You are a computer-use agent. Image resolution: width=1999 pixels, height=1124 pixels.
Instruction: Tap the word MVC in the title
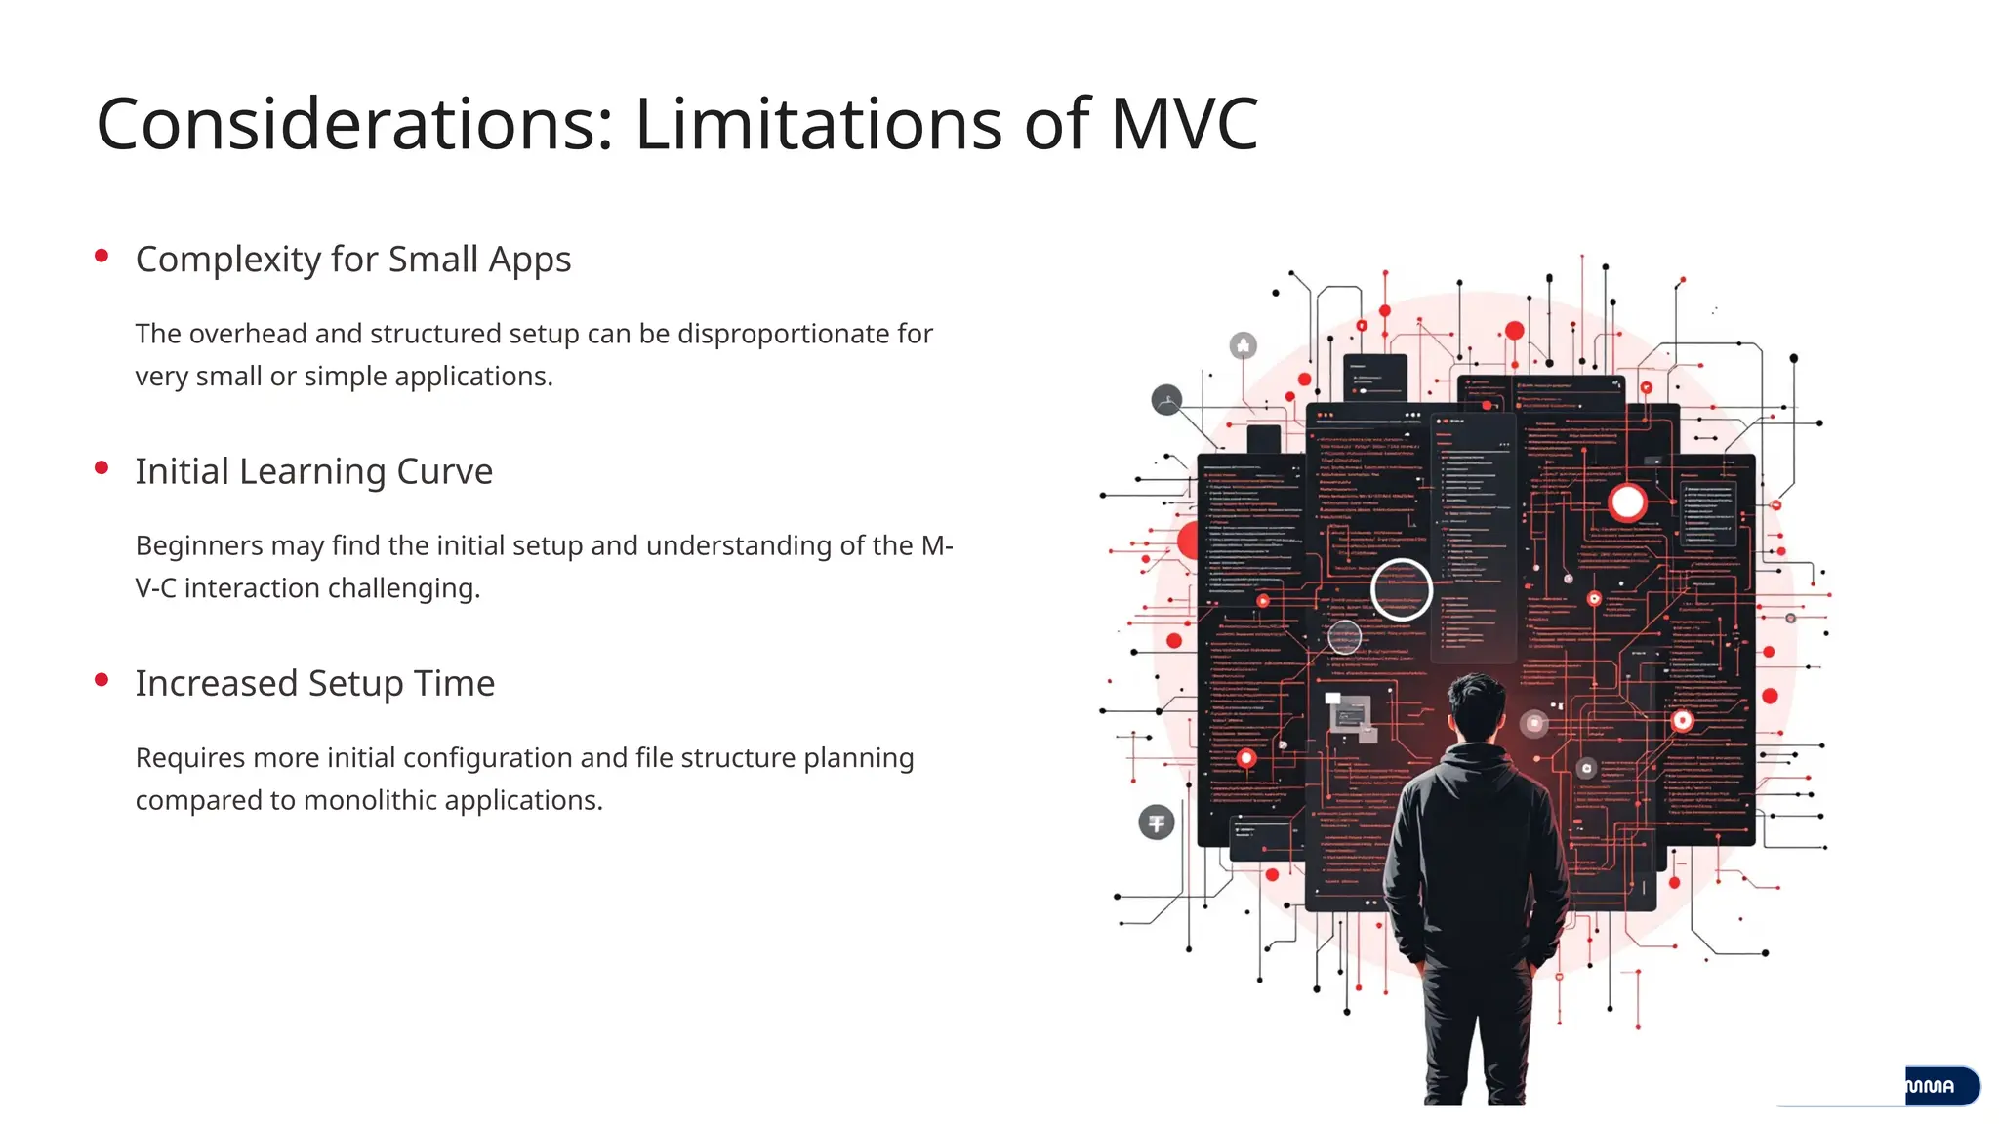click(1184, 125)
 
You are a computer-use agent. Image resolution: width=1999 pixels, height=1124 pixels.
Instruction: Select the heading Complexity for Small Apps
click(353, 260)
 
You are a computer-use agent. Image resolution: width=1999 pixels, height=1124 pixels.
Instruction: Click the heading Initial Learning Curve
click(314, 471)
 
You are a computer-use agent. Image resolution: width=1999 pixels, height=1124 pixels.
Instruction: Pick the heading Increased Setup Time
click(315, 683)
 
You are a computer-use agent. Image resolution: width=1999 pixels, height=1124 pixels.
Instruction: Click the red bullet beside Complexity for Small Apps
click(102, 256)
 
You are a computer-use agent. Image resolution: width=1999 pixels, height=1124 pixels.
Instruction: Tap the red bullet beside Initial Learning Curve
click(102, 467)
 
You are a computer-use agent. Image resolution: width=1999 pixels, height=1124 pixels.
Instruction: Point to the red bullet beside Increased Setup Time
click(102, 679)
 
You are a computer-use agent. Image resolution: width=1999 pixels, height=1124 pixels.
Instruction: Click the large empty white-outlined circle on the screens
click(1402, 589)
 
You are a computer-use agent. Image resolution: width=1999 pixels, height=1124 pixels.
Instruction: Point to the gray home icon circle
click(1243, 345)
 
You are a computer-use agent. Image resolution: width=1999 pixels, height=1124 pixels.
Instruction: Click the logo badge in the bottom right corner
click(1940, 1086)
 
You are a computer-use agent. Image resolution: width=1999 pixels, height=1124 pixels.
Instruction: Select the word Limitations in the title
click(819, 125)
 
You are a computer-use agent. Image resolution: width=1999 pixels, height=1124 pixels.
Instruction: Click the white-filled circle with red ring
click(1627, 502)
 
